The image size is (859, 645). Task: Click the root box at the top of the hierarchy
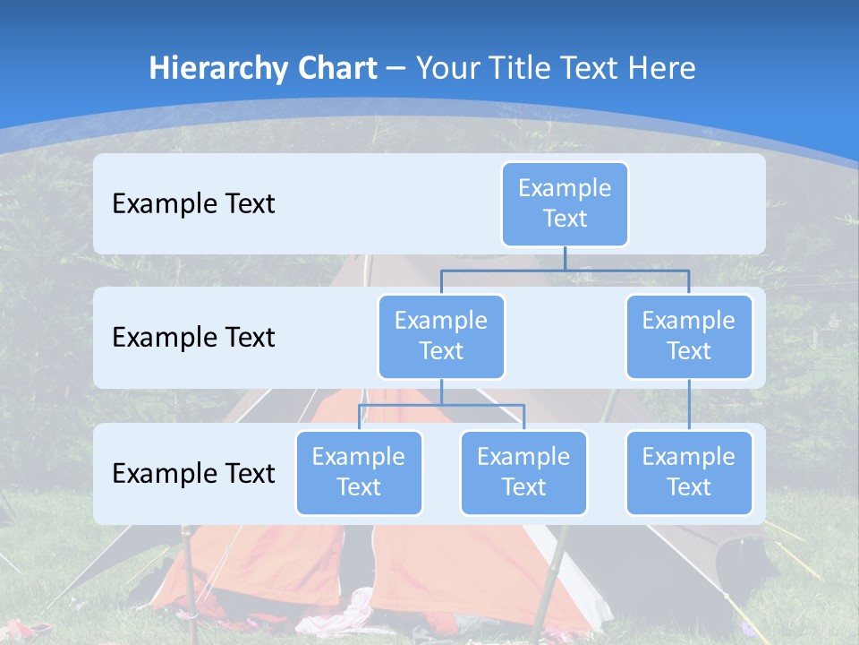[565, 203]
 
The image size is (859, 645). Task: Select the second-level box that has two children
[441, 336]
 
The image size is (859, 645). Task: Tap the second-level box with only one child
[689, 336]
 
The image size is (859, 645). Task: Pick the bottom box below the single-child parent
[689, 472]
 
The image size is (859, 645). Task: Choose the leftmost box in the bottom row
[359, 472]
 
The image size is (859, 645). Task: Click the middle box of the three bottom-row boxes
[523, 472]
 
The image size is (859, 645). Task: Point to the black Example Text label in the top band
[193, 203]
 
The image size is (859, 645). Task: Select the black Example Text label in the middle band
[193, 337]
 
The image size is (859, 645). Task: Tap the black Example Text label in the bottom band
[193, 473]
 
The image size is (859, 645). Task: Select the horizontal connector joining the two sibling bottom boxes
[441, 405]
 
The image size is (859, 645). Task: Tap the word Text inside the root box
[565, 219]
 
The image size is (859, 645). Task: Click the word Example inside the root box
[565, 188]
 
